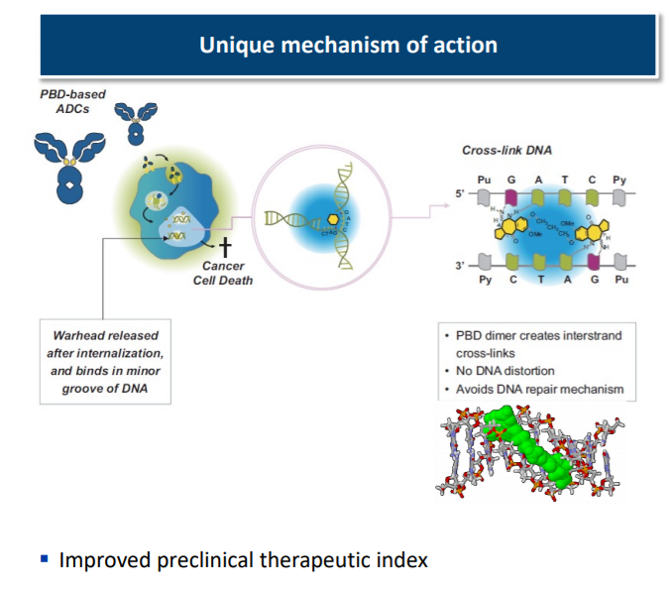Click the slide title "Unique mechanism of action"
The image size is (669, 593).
(x=348, y=45)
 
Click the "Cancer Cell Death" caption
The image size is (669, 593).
(x=223, y=273)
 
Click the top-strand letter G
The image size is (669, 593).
(x=510, y=180)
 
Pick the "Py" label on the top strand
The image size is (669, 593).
(x=618, y=180)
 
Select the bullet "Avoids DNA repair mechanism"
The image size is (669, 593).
(x=539, y=389)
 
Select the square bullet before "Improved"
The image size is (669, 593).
(x=44, y=560)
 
